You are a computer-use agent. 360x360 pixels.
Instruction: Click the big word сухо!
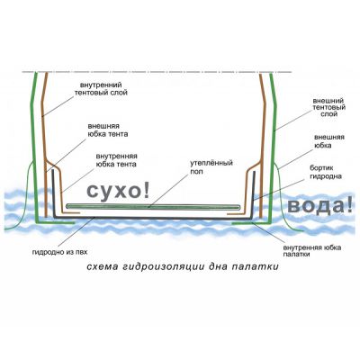pyautogui.click(x=118, y=191)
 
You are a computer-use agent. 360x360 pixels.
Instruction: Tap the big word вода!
pyautogui.click(x=319, y=205)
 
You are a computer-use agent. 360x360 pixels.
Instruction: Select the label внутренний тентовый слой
pyautogui.click(x=101, y=88)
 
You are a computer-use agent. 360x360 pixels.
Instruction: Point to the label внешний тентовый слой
pyautogui.click(x=328, y=107)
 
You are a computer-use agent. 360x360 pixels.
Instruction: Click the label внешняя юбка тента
pyautogui.click(x=108, y=130)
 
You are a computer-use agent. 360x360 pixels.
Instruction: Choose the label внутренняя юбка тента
pyautogui.click(x=116, y=160)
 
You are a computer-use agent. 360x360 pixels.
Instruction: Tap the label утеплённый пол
pyautogui.click(x=211, y=167)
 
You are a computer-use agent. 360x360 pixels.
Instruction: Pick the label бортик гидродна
pyautogui.click(x=326, y=172)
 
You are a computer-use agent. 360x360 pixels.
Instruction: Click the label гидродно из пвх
pyautogui.click(x=59, y=252)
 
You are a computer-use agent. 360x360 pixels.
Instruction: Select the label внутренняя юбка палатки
pyautogui.click(x=312, y=251)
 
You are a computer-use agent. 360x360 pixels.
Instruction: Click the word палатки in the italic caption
pyautogui.click(x=255, y=266)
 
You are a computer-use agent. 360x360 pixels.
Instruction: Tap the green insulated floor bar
pyautogui.click(x=153, y=206)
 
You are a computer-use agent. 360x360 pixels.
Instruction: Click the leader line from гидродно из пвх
pyautogui.click(x=76, y=233)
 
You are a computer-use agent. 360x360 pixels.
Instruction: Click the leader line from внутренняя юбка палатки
pyautogui.click(x=267, y=233)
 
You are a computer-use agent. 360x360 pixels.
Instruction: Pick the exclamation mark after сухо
pyautogui.click(x=146, y=190)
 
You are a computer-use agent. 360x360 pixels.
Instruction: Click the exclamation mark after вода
pyautogui.click(x=349, y=205)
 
